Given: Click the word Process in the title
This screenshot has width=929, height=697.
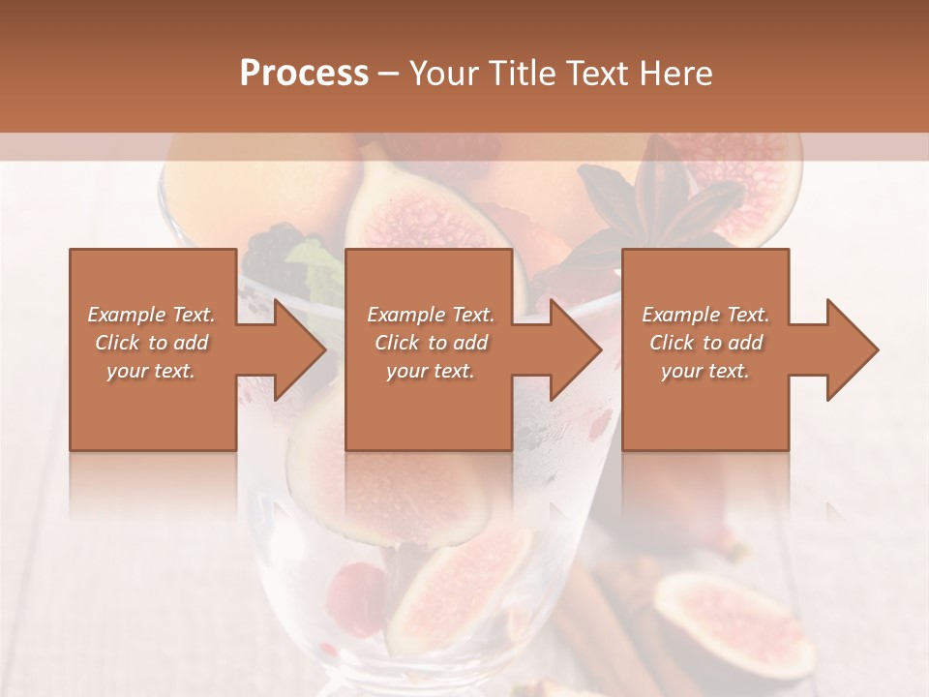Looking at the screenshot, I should (x=304, y=74).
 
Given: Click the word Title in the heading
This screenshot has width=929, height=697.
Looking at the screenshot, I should (x=524, y=74).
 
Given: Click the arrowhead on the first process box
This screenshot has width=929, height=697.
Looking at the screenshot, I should (x=295, y=349).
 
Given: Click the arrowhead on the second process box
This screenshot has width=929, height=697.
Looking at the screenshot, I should (x=572, y=349).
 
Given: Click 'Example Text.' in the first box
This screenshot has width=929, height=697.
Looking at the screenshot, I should (x=151, y=315).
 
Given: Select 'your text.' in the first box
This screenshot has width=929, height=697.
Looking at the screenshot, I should (x=151, y=371).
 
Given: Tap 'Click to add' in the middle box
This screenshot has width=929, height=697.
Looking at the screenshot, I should (x=431, y=343).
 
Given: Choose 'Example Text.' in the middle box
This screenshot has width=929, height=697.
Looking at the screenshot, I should (x=431, y=315).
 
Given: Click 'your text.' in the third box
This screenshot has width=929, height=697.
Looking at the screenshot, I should (x=704, y=371).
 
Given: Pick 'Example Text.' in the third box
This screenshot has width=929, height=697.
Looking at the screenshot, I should (x=705, y=315).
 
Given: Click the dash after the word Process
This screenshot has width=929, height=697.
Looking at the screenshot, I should (x=389, y=75).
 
